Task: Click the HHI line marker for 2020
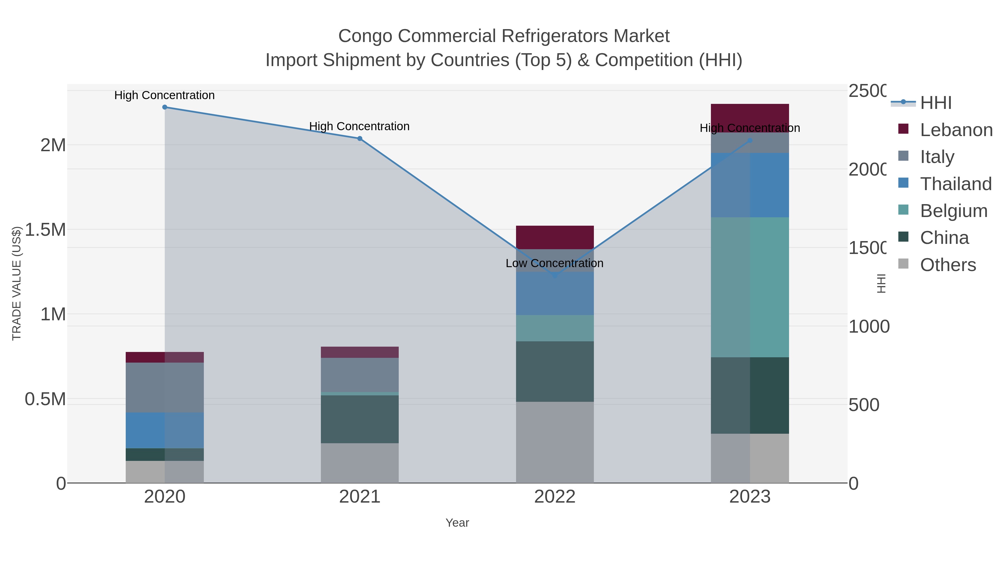tap(165, 107)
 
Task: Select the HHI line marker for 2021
tap(360, 139)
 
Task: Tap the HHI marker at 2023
tap(750, 141)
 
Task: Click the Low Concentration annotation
tap(554, 263)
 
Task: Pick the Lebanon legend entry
tap(956, 130)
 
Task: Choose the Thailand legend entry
tap(956, 184)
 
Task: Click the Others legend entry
tap(948, 265)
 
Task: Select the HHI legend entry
tap(935, 103)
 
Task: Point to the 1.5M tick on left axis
tap(45, 230)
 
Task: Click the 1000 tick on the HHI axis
tap(869, 326)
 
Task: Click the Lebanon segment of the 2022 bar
tap(554, 237)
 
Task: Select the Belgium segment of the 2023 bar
tap(750, 287)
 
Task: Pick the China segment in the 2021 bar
tap(360, 419)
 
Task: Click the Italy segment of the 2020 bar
tap(165, 388)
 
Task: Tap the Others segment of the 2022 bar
tap(554, 442)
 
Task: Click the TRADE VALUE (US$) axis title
tap(17, 283)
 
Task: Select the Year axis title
tap(457, 523)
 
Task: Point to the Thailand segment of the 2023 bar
tap(750, 185)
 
